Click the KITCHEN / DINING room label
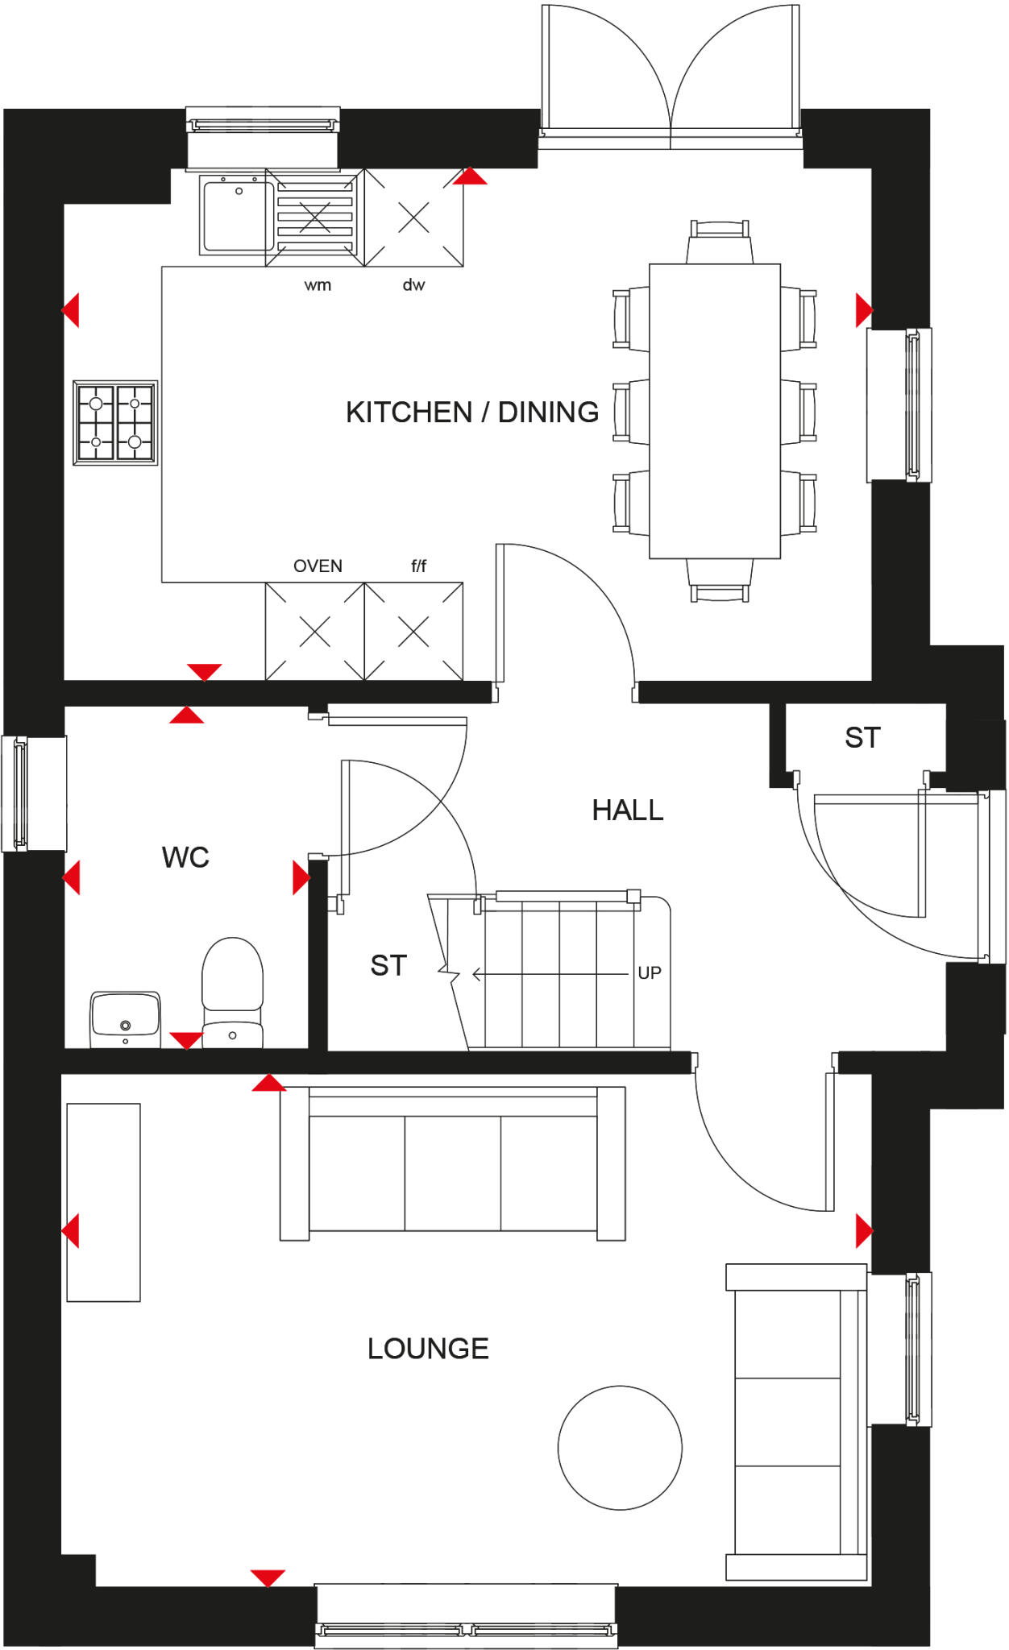click(472, 412)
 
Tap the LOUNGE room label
click(428, 1349)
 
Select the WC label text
click(185, 857)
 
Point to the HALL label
click(628, 810)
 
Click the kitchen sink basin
click(237, 216)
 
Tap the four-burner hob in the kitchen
click(115, 423)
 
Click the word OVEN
click(318, 566)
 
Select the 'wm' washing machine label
click(318, 285)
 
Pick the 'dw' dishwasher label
click(413, 285)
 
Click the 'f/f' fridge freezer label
click(418, 566)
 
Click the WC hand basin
click(125, 1017)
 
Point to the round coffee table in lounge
click(620, 1448)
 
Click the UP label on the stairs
click(650, 973)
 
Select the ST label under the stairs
click(388, 965)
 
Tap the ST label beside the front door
click(862, 738)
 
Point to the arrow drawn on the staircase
click(548, 975)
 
